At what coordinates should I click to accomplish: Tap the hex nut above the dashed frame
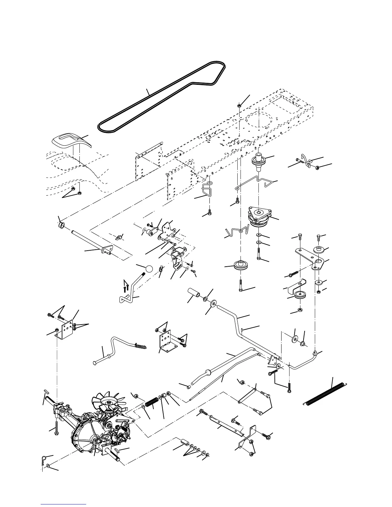coord(239,105)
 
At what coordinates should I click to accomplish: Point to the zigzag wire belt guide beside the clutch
coord(237,230)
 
